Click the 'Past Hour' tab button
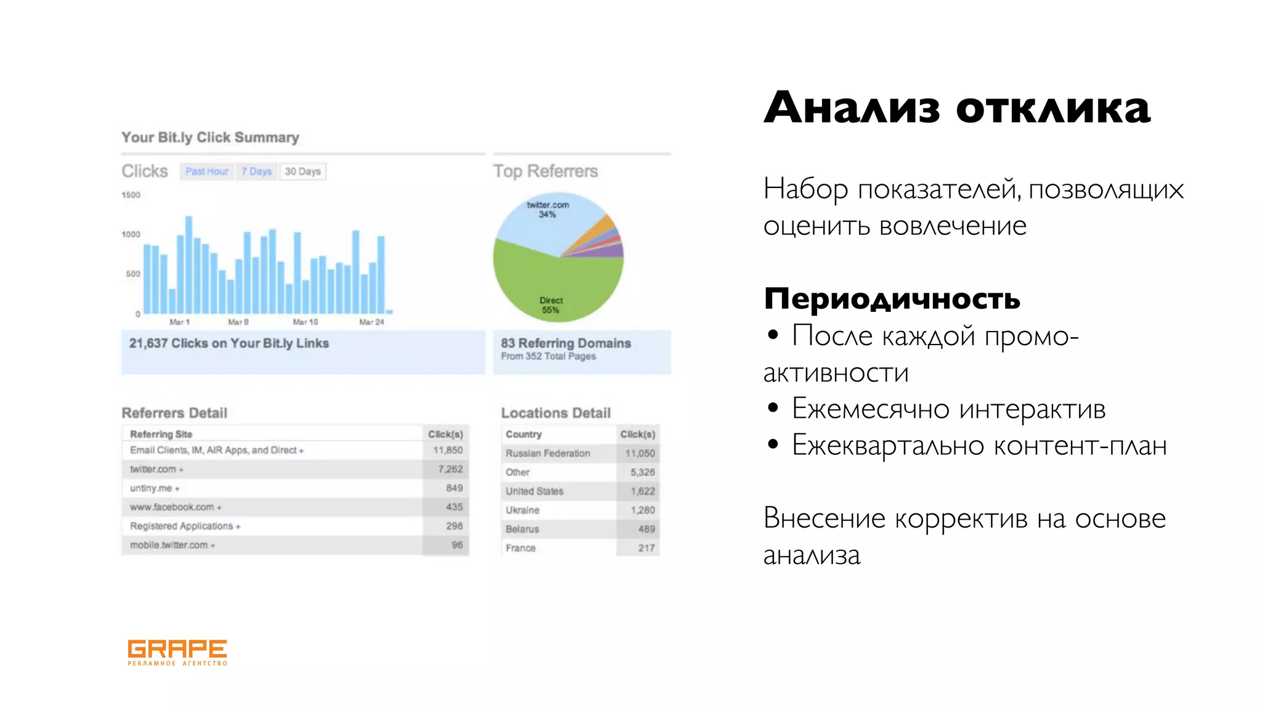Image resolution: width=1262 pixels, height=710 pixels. pyautogui.click(x=206, y=171)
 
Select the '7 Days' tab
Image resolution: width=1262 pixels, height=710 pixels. pyautogui.click(x=256, y=171)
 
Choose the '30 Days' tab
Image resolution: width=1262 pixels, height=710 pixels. pyautogui.click(x=303, y=171)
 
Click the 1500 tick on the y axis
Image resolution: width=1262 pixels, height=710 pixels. pyautogui.click(x=131, y=195)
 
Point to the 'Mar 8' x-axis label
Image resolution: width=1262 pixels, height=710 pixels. pyautogui.click(x=238, y=322)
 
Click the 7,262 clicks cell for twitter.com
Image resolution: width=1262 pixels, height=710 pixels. pyautogui.click(x=450, y=469)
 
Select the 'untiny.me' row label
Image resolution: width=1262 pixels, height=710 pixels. pyautogui.click(x=152, y=488)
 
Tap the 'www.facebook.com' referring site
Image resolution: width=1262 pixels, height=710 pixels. pyautogui.click(x=172, y=507)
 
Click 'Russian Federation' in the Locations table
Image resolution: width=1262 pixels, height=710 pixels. pyautogui.click(x=548, y=454)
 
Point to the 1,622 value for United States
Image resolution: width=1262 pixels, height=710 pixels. pyautogui.click(x=642, y=491)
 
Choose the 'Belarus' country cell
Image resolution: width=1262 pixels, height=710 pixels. pyautogui.click(x=522, y=529)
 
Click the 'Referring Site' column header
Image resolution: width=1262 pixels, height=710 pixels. pyautogui.click(x=161, y=435)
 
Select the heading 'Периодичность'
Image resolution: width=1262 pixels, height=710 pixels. pyautogui.click(x=892, y=299)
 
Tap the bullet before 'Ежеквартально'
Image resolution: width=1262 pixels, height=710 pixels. pyautogui.click(x=773, y=444)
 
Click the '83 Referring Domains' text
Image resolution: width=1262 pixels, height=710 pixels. pyautogui.click(x=566, y=343)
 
